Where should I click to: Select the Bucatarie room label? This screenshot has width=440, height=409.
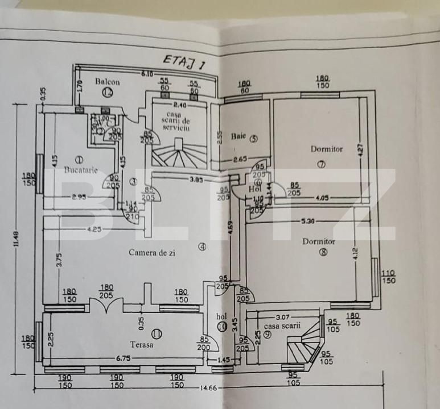point(80,169)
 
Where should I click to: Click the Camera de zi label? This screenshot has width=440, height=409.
point(151,253)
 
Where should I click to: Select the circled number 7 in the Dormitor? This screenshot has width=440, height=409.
point(321,165)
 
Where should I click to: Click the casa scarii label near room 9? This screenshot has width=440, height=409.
point(282,326)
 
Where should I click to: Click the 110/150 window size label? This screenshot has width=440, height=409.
point(388,277)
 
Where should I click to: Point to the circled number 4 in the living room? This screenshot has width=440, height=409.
point(202,247)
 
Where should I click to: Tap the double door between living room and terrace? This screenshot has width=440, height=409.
point(106,306)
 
